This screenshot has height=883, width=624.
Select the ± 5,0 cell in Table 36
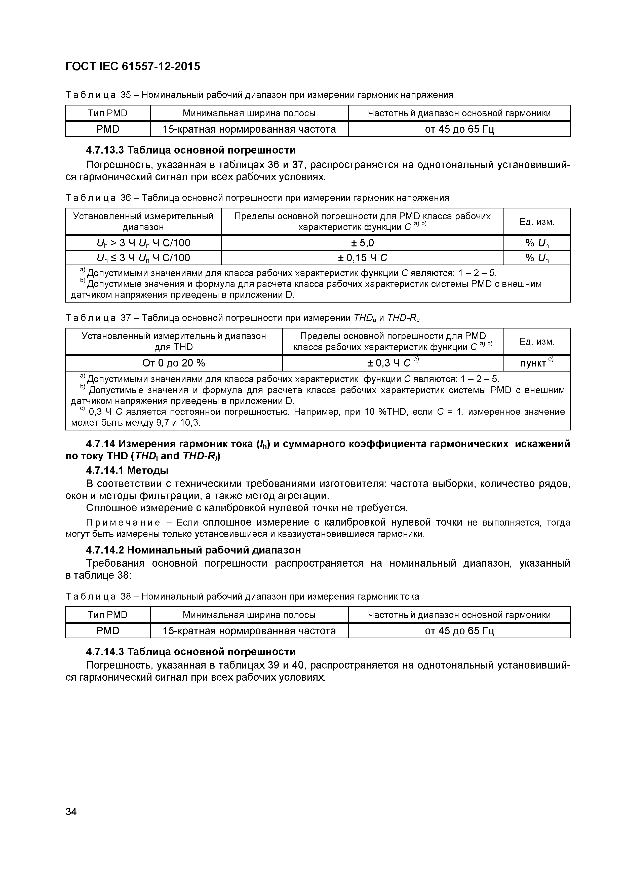(362, 243)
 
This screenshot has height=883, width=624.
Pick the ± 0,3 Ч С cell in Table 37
(392, 363)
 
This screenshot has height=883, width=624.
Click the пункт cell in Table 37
(536, 363)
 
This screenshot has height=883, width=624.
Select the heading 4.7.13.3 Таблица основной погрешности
(191, 150)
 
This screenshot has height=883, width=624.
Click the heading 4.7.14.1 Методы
(127, 470)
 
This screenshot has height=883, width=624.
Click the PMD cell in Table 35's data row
(108, 129)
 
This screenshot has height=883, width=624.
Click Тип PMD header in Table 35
(108, 113)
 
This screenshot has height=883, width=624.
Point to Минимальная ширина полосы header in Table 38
(249, 615)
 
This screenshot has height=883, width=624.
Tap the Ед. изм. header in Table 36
(537, 222)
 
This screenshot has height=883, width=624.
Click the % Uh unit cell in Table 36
(537, 243)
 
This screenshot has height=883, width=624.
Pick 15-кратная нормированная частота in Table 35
(249, 129)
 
